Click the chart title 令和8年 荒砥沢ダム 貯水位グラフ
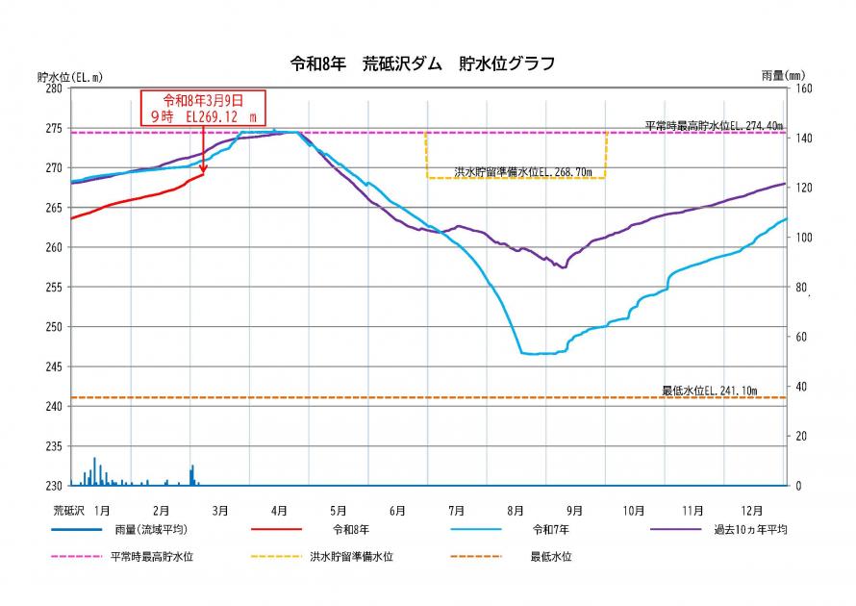422,64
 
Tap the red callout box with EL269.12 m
202,107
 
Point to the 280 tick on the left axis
53,88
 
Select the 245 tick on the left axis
53,366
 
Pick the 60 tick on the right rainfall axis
800,337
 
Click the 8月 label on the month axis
516,510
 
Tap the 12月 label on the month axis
752,510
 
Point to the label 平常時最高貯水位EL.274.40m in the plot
714,125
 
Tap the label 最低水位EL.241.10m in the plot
710,391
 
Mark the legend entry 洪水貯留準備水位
350,556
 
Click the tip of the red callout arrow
203,173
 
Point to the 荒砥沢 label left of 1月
70,510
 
